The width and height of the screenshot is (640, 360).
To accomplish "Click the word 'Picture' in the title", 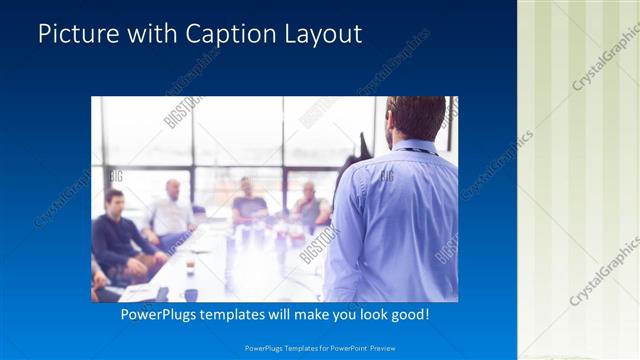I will click(x=73, y=34).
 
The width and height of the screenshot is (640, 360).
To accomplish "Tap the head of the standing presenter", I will click(x=414, y=118).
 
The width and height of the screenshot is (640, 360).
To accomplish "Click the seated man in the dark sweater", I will click(x=118, y=235).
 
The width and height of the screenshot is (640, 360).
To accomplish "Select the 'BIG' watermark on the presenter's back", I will click(x=386, y=177).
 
